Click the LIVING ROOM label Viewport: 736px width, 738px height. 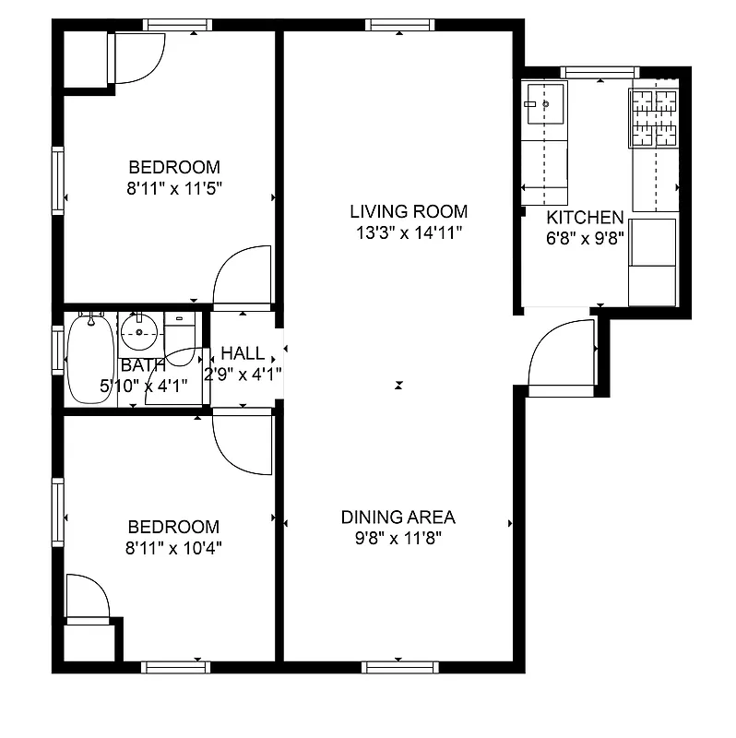[x=409, y=211]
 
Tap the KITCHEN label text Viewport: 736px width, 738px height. [x=585, y=219]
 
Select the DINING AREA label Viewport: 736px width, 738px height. [x=398, y=518]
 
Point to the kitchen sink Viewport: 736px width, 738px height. [x=544, y=104]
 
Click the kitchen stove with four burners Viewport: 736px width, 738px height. [x=653, y=117]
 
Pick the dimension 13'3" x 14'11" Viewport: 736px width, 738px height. [x=409, y=233]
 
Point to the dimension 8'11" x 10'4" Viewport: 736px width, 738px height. [x=174, y=548]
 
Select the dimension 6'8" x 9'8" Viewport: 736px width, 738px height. [x=585, y=239]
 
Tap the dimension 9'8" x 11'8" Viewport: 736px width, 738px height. [x=398, y=539]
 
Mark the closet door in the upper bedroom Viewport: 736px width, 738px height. [x=137, y=58]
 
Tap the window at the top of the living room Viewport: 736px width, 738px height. [x=398, y=25]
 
